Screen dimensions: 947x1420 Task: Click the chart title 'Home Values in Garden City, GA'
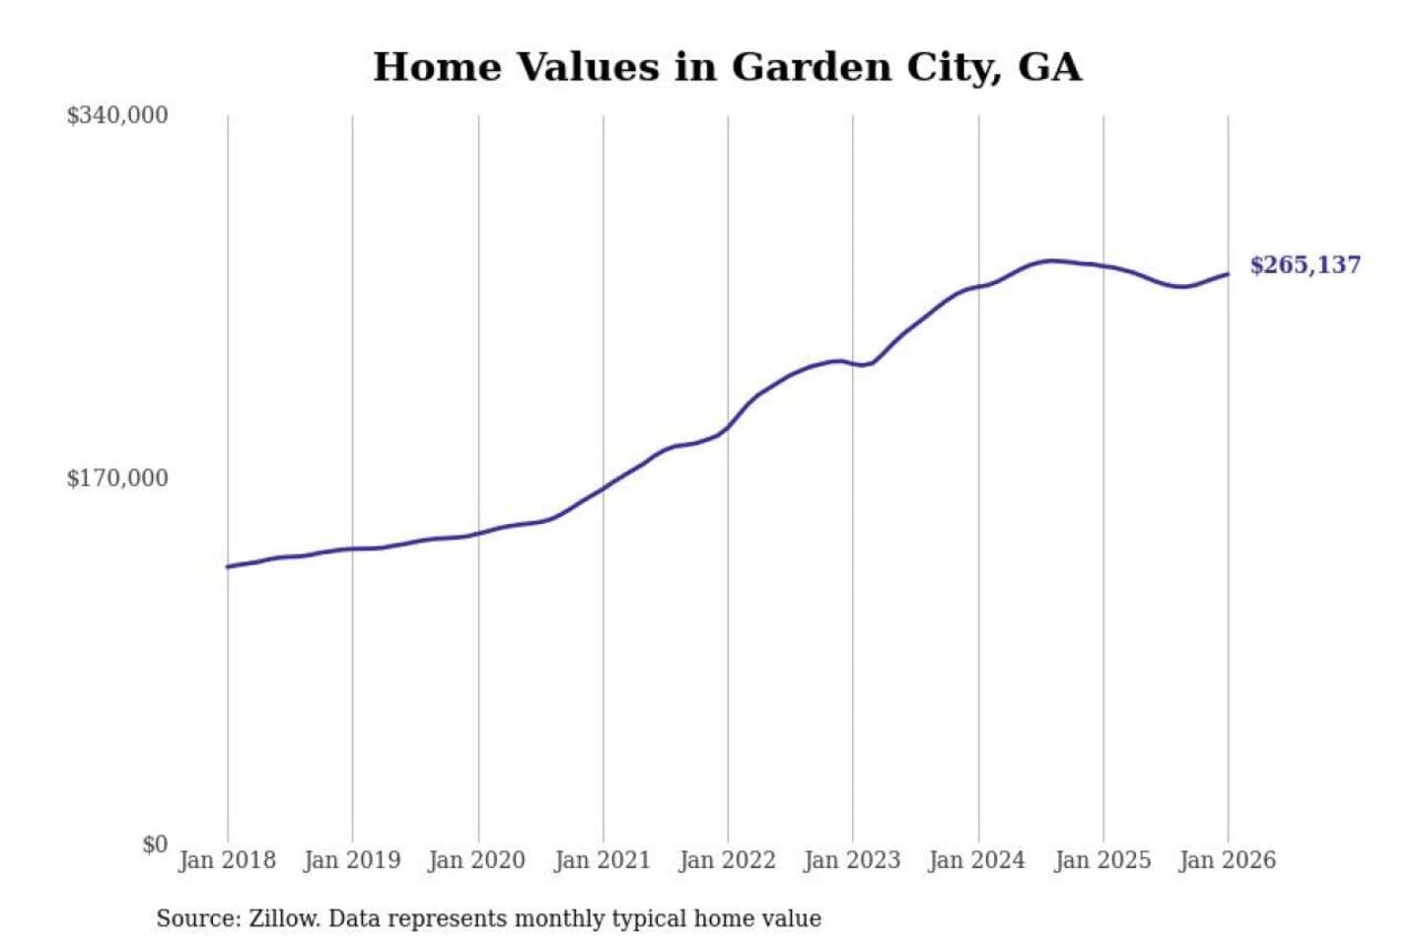[727, 67]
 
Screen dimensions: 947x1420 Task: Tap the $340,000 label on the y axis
[117, 115]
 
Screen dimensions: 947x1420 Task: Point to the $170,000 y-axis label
[117, 478]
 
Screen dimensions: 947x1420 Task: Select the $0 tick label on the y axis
[155, 844]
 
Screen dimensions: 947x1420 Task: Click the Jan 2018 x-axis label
[227, 860]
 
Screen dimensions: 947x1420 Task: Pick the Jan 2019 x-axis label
[352, 860]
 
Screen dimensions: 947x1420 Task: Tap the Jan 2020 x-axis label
[477, 860]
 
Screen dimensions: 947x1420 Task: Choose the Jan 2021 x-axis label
[603, 860]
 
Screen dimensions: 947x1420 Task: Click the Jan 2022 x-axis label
[728, 860]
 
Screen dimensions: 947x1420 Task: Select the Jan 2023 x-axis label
[852, 860]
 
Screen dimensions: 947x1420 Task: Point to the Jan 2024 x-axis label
[977, 860]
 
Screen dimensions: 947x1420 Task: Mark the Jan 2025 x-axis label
[1102, 860]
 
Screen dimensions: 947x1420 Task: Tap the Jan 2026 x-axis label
[1228, 860]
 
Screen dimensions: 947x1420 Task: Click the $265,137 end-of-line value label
[1305, 264]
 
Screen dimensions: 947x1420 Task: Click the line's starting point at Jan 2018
[228, 566]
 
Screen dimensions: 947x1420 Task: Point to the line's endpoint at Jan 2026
[1228, 274]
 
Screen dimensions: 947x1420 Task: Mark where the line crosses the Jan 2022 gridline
[728, 427]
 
